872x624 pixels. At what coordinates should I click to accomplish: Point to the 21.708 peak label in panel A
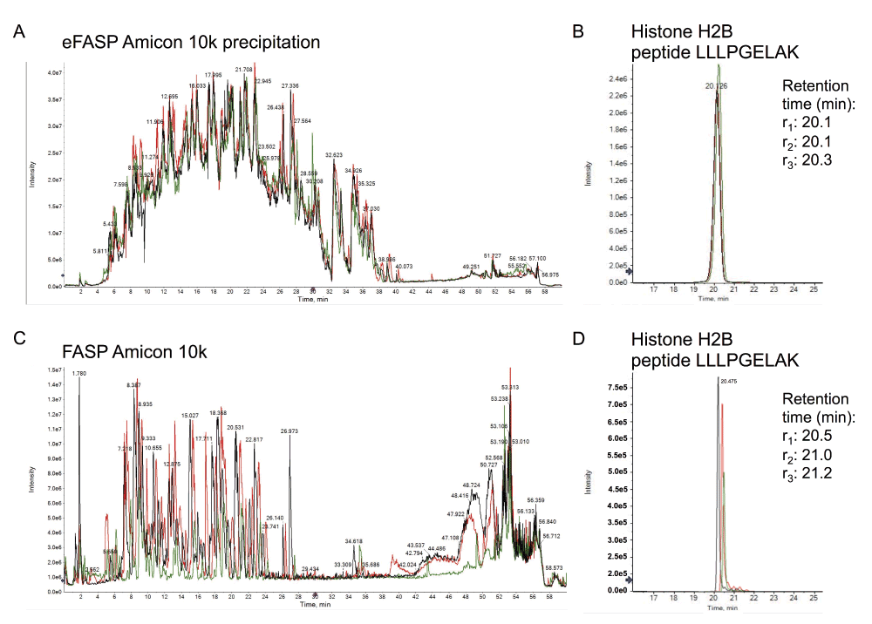pyautogui.click(x=244, y=69)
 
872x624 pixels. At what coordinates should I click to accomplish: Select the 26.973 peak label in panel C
pyautogui.click(x=290, y=431)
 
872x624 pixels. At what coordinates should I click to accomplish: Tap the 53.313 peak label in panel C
pyautogui.click(x=510, y=387)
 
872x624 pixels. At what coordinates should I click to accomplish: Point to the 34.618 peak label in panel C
pyautogui.click(x=355, y=541)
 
